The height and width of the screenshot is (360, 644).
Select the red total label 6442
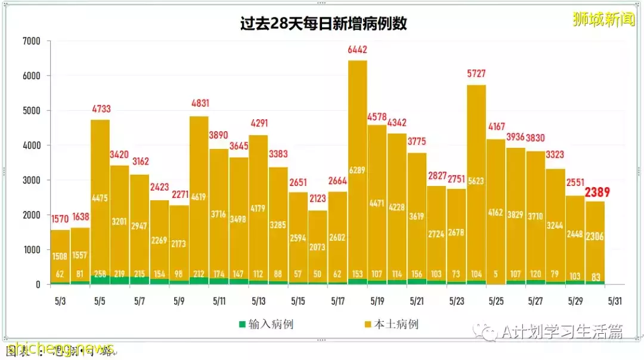tap(357, 51)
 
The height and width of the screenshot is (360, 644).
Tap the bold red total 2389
tap(597, 192)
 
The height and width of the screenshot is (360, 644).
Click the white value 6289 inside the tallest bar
tap(357, 170)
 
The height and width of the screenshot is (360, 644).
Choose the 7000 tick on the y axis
tap(30, 41)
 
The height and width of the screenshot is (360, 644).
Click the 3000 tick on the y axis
tap(30, 180)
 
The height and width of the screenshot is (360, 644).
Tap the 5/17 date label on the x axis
tap(338, 302)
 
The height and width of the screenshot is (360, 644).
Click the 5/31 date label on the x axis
tap(615, 302)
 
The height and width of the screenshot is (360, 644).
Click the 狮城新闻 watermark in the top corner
tap(603, 19)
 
